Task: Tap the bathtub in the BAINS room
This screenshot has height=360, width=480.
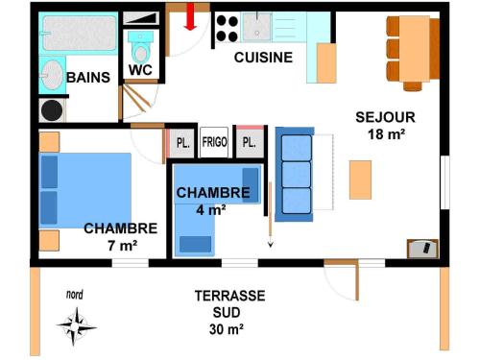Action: click(x=78, y=33)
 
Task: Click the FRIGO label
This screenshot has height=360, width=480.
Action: click(x=214, y=143)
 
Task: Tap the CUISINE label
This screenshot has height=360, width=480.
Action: click(x=263, y=58)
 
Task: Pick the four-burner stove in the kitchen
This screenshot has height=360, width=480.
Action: click(x=227, y=27)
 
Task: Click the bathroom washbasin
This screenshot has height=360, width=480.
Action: click(x=50, y=74)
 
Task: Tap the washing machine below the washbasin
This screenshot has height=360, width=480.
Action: click(x=51, y=110)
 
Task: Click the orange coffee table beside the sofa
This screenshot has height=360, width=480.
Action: click(x=360, y=180)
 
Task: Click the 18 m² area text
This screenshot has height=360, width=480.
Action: click(x=386, y=133)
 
